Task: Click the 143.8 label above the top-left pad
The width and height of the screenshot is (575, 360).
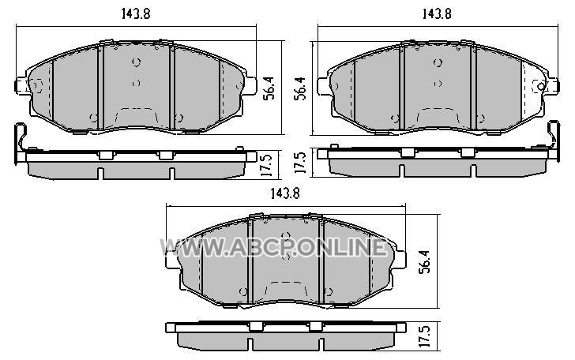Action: (x=136, y=13)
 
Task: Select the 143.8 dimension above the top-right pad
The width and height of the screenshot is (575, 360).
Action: (x=437, y=13)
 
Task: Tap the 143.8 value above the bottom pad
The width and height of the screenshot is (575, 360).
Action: (x=285, y=193)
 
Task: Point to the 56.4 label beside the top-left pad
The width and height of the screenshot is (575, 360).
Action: (x=270, y=88)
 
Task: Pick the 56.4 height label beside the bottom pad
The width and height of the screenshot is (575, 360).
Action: (x=426, y=262)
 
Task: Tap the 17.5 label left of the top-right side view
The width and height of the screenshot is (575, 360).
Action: (x=300, y=163)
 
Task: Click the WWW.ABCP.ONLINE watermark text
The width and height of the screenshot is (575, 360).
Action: (x=273, y=247)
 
